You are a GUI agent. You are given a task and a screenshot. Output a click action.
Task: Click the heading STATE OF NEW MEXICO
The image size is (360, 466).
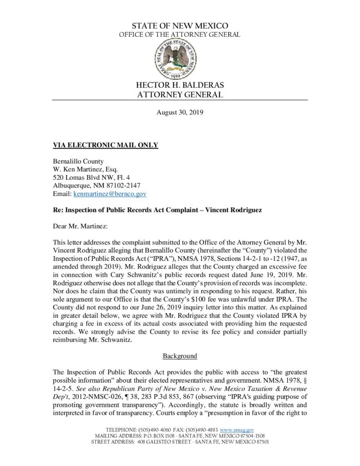pyautogui.click(x=180, y=26)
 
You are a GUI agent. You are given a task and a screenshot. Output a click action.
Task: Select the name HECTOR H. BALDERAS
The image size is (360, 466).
pyautogui.click(x=180, y=86)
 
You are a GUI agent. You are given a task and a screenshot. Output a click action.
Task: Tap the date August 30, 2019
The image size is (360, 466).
pyautogui.click(x=180, y=111)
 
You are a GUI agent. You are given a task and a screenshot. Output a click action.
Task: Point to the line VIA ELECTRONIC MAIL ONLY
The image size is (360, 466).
pyautogui.click(x=106, y=145)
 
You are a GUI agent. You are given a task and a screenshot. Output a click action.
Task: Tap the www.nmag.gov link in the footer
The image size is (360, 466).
pyautogui.click(x=237, y=430)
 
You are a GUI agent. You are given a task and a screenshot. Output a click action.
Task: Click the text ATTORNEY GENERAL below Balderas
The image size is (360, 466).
pyautogui.click(x=180, y=95)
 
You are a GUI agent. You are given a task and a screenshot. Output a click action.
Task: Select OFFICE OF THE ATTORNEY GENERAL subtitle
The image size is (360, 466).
pyautogui.click(x=180, y=35)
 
